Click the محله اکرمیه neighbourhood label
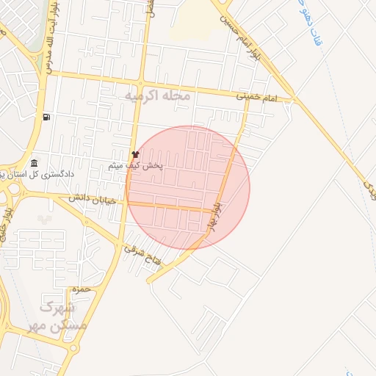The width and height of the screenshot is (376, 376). [157, 96]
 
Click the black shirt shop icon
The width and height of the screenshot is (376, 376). [135, 155]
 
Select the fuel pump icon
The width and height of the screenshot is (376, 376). [47, 117]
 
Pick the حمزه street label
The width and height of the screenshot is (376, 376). [82, 289]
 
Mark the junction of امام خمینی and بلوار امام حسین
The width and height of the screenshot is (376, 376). [294, 98]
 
